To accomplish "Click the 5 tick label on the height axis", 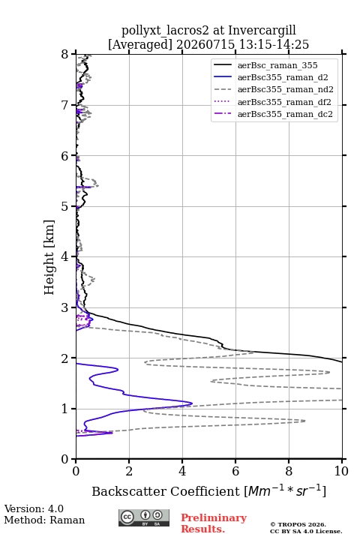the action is [64, 207].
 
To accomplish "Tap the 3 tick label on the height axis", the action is [64, 307].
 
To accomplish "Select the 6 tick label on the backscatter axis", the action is [235, 471].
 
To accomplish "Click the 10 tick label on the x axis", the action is [342, 471].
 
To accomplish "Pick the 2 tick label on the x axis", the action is [129, 471].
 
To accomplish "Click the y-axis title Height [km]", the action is [49, 257].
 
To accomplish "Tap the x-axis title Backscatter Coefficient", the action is [166, 491].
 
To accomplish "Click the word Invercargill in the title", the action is [262, 30].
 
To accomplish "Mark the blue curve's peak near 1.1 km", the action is [192, 403].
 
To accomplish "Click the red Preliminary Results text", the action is [214, 523].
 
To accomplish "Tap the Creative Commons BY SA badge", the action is [144, 517].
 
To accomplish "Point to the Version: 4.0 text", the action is [34, 508].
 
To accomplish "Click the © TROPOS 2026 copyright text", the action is [298, 524].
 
